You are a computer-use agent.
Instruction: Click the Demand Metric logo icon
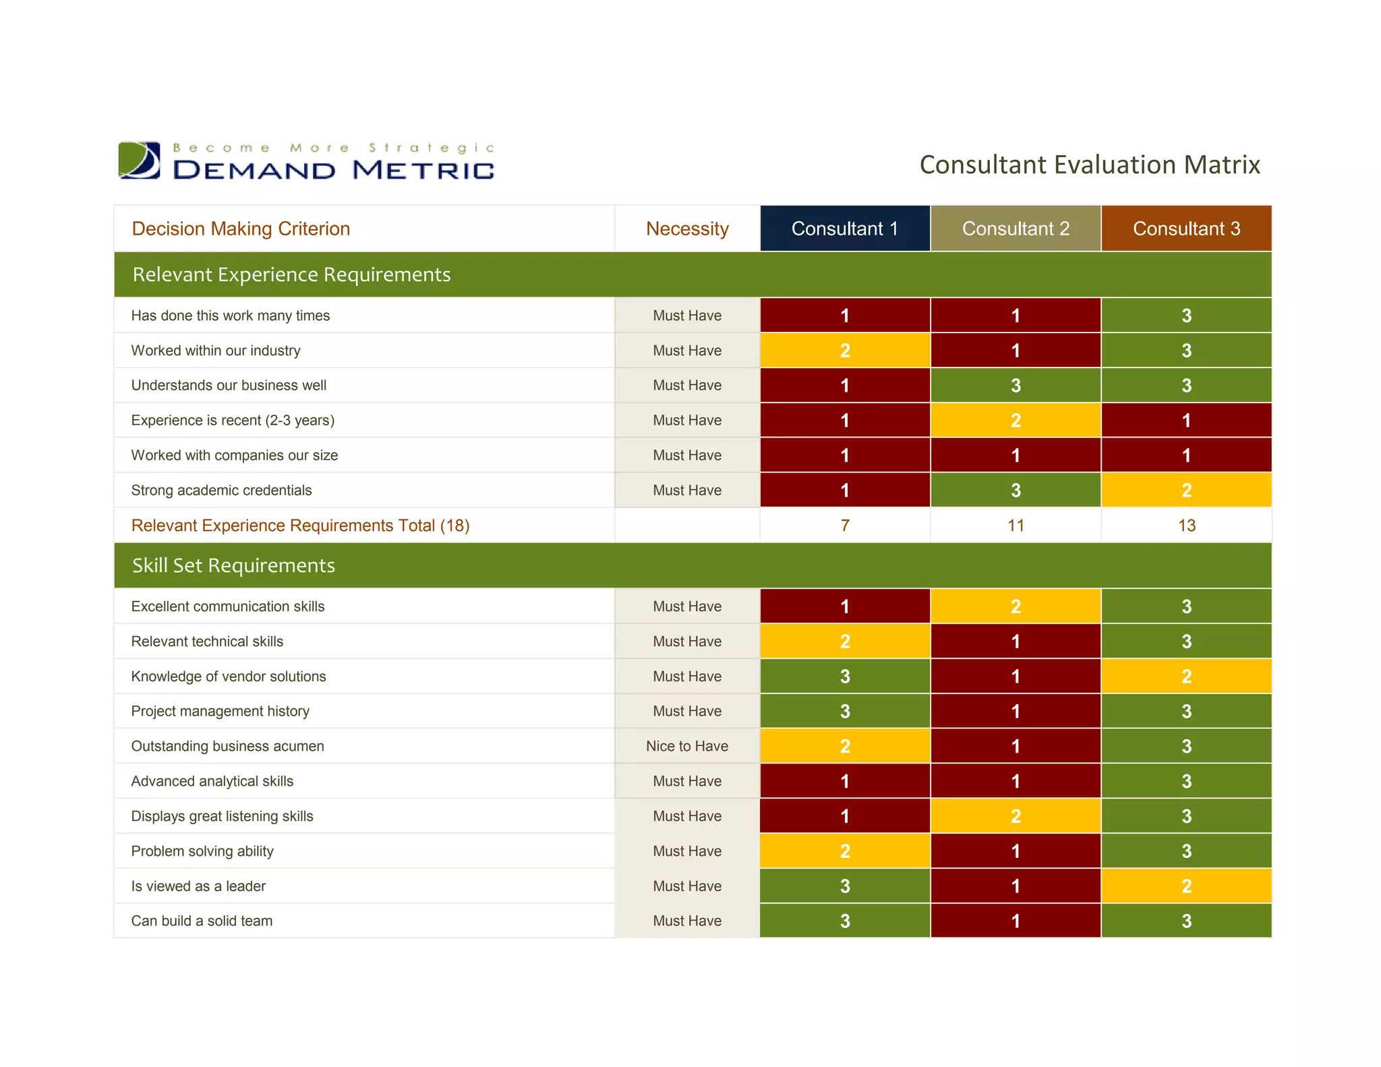coord(140,161)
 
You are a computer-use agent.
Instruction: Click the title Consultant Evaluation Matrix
coord(1089,165)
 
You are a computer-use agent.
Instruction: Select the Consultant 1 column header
coord(844,229)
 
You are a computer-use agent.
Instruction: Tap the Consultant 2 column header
coord(1015,229)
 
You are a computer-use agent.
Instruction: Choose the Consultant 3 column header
coord(1185,229)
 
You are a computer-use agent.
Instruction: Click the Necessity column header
coord(686,229)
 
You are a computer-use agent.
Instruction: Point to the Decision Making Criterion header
coord(241,229)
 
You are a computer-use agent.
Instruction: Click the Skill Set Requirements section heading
coord(233,565)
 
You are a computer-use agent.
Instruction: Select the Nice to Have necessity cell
coord(686,746)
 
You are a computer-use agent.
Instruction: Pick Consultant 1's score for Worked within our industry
coord(844,351)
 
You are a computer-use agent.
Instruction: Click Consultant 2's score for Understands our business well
coord(1015,385)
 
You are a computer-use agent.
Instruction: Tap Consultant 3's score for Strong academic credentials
coord(1185,490)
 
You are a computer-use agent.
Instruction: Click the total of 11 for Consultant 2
coord(1015,525)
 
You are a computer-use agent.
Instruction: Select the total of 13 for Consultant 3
coord(1185,525)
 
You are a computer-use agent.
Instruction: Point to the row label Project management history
coord(220,711)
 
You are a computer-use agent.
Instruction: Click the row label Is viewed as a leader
coord(198,886)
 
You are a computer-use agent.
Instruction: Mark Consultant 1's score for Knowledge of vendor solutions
coord(844,676)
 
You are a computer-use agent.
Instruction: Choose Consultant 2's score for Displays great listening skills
coord(1015,816)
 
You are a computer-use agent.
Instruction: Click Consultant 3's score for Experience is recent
coord(1185,420)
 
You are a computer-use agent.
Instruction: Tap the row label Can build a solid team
coord(202,921)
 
